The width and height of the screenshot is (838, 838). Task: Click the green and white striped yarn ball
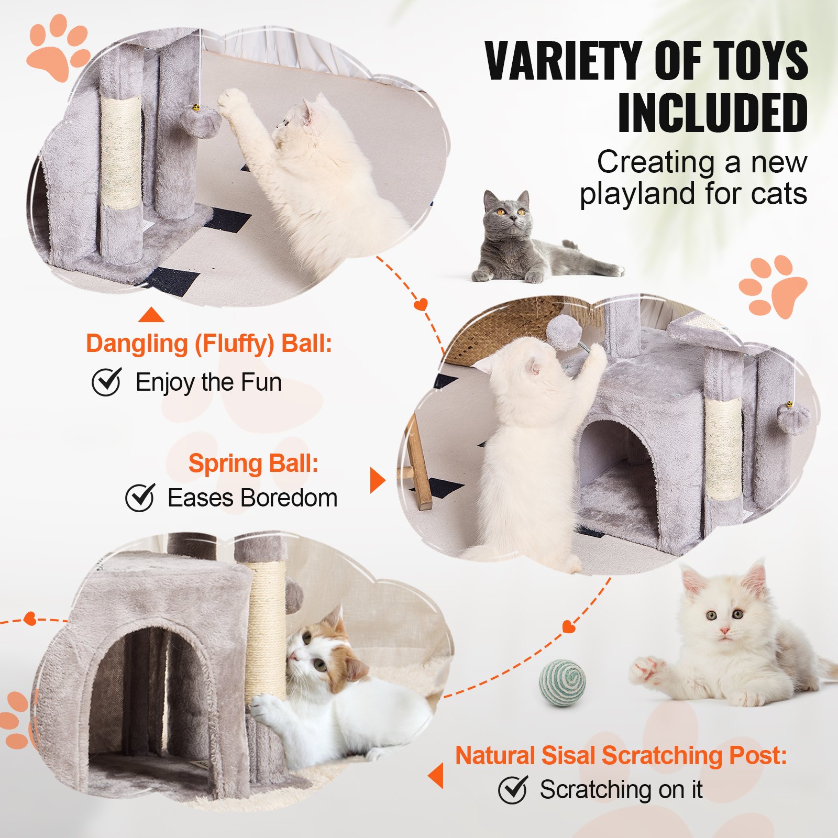point(563,682)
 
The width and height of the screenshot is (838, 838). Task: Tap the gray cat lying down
point(524,241)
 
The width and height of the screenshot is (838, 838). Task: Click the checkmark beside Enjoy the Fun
point(107,382)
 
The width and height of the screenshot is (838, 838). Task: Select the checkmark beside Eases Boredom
point(140,498)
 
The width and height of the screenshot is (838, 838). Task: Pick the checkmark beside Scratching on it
point(512,789)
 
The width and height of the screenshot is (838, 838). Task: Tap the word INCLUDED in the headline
point(712,113)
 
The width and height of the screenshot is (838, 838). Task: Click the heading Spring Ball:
point(253,464)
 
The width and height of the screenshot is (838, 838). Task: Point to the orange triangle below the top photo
point(151,315)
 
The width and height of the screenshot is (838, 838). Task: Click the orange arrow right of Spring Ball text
point(377,480)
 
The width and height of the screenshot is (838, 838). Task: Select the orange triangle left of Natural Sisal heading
point(436,776)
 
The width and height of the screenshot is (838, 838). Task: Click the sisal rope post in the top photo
point(121,152)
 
